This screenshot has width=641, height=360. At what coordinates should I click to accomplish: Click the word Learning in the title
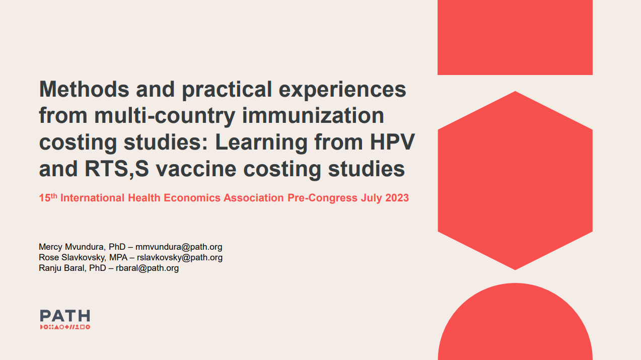(x=261, y=142)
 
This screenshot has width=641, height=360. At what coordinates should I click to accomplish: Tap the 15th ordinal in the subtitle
(x=48, y=198)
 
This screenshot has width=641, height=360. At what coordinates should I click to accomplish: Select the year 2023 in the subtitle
(x=397, y=198)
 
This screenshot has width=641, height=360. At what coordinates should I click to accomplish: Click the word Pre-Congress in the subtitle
(x=322, y=198)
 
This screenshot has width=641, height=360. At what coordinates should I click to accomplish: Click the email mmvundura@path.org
(x=179, y=247)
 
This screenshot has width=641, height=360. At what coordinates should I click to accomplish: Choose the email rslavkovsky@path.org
(x=180, y=257)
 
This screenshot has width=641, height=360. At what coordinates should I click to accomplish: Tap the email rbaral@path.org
(x=147, y=268)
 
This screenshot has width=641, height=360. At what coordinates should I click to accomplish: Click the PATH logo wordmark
(x=65, y=316)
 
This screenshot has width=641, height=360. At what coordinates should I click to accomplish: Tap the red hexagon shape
(x=515, y=180)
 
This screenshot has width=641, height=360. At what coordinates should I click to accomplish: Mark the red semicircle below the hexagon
(x=515, y=327)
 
